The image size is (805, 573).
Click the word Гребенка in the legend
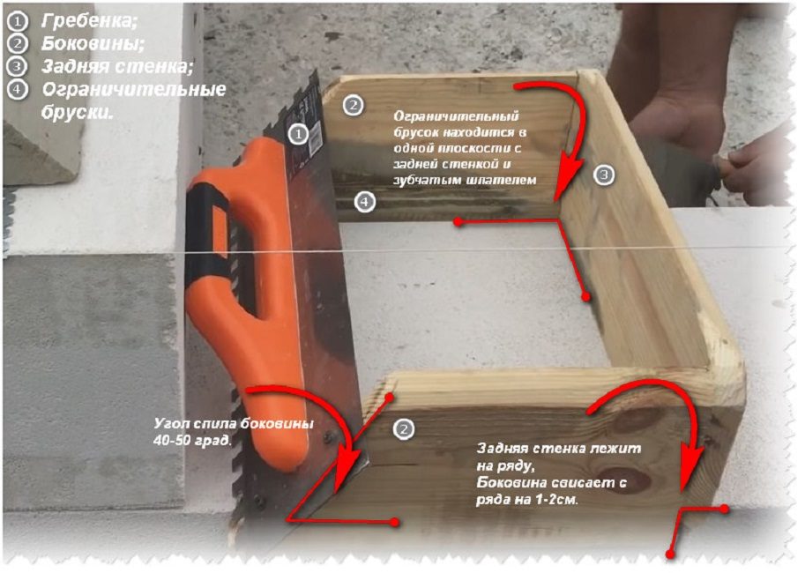[x=88, y=20]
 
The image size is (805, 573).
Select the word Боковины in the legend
[x=93, y=43]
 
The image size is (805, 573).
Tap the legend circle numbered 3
[x=18, y=66]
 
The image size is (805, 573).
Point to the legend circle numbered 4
[x=18, y=89]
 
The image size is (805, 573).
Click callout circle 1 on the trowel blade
[x=298, y=135]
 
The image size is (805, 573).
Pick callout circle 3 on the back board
[x=604, y=175]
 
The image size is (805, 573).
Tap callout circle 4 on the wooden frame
[x=364, y=202]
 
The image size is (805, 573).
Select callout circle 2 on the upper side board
[x=353, y=106]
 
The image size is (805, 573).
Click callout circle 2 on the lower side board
[x=404, y=428]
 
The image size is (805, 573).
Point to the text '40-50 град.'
[x=192, y=440]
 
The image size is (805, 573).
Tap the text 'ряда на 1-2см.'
[x=526, y=499]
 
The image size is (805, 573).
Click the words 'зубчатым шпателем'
[x=466, y=180]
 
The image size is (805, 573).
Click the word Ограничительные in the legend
[x=134, y=89]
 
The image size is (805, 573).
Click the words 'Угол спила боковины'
[x=235, y=424]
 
